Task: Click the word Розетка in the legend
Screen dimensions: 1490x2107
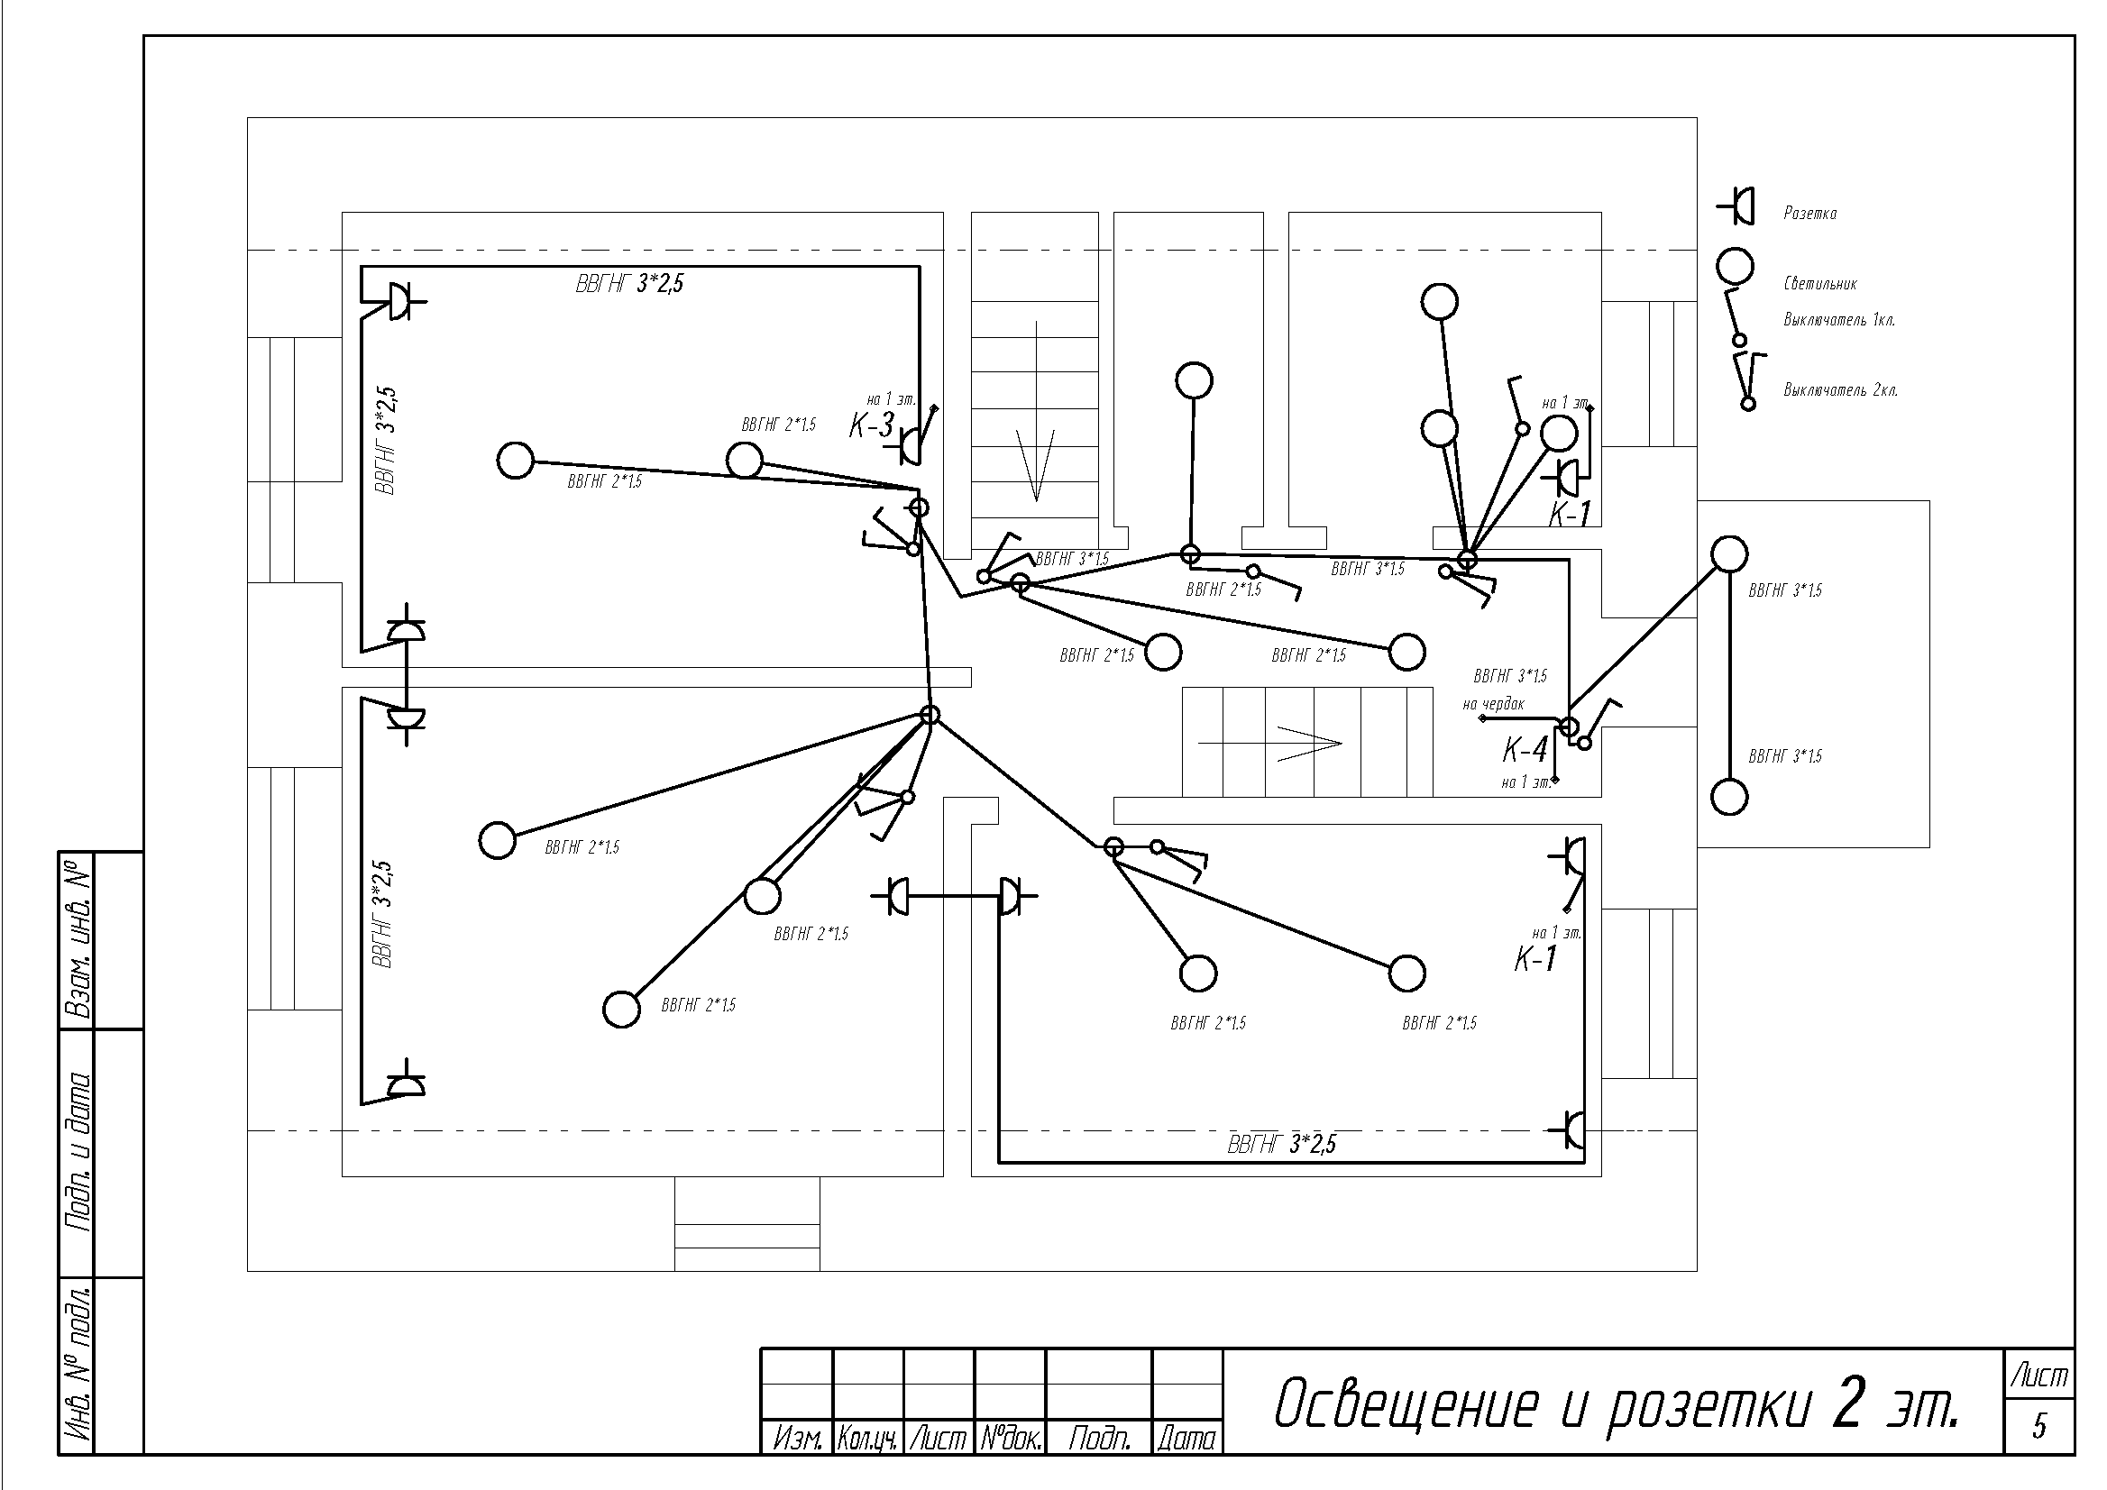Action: tap(1809, 214)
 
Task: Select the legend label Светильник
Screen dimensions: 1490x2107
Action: tap(1819, 284)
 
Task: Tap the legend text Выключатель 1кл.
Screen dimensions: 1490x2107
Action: tap(1839, 320)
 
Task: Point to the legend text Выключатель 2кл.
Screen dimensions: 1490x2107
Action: tap(1840, 390)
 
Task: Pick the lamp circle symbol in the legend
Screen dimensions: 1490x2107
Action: tap(1735, 267)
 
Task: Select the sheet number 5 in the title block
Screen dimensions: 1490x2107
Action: tap(2039, 1427)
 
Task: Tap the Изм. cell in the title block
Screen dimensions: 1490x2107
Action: tap(797, 1439)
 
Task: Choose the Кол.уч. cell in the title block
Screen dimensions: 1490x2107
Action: tap(867, 1439)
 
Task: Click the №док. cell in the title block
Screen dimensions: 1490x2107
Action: tap(1010, 1439)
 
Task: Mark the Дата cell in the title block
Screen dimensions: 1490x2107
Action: tap(1186, 1439)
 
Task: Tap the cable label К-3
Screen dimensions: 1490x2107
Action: tap(871, 425)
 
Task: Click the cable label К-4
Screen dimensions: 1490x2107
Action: tap(1525, 751)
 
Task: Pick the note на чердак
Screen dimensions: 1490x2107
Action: tap(1493, 705)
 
